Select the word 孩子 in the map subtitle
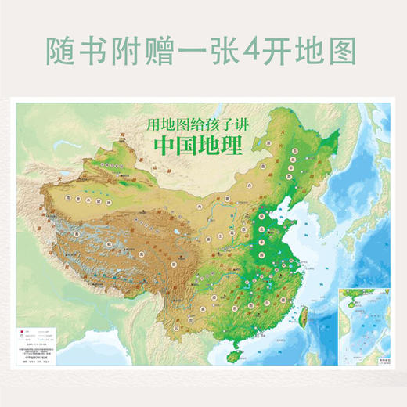[x=212, y=123]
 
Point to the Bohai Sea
[x=296, y=202]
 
